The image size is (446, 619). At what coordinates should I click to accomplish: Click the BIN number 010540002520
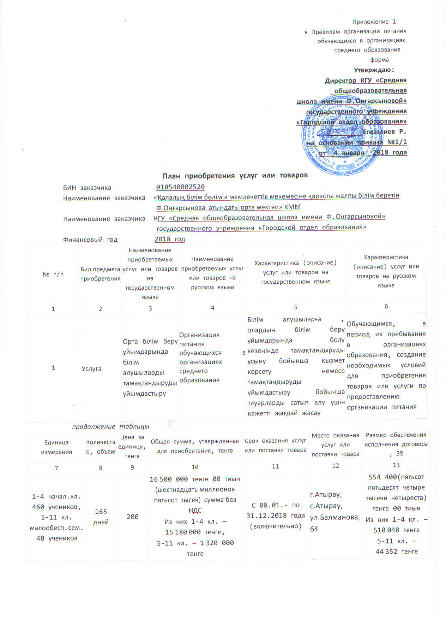tap(180, 187)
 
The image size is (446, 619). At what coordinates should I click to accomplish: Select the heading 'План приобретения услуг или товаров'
tap(235, 175)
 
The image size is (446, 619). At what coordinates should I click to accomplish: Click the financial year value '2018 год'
tap(170, 239)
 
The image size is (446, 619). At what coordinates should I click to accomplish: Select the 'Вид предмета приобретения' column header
tap(100, 274)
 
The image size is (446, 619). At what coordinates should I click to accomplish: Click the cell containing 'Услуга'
tap(91, 369)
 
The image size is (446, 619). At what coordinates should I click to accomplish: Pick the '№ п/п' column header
tap(53, 274)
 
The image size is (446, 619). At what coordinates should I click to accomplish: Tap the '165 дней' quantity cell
tap(101, 517)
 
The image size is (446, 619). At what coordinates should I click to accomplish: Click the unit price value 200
tap(132, 517)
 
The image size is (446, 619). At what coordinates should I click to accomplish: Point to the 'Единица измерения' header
tap(56, 447)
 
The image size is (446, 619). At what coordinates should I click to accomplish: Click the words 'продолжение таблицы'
tap(110, 426)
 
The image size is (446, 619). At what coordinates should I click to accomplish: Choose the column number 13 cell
tap(396, 465)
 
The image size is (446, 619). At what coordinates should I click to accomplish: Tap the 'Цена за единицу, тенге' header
tap(132, 447)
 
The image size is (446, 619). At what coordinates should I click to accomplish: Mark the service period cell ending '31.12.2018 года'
tap(276, 516)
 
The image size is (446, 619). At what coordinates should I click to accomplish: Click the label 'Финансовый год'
tap(90, 239)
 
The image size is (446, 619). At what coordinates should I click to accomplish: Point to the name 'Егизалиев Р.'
tap(385, 132)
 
